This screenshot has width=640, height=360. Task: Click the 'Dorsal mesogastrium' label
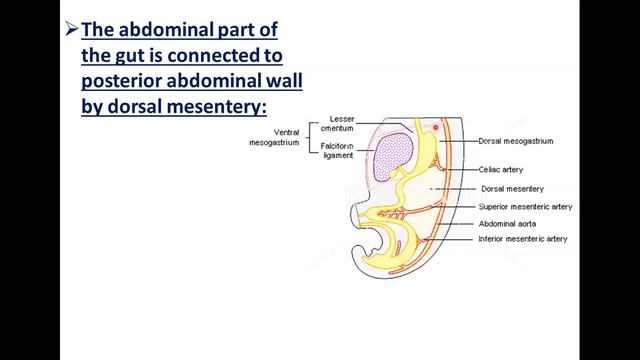tap(516, 141)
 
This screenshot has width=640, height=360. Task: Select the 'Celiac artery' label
tap(501, 170)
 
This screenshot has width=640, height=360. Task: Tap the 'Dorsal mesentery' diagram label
tap(512, 188)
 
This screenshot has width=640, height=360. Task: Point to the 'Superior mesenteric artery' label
tap(525, 206)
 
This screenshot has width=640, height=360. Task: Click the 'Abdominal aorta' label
tap(508, 223)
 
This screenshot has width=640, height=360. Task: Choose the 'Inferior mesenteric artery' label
tap(523, 240)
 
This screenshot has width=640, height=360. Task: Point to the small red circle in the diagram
tap(436, 128)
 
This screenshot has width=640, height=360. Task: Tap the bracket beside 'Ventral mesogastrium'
tap(311, 138)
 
